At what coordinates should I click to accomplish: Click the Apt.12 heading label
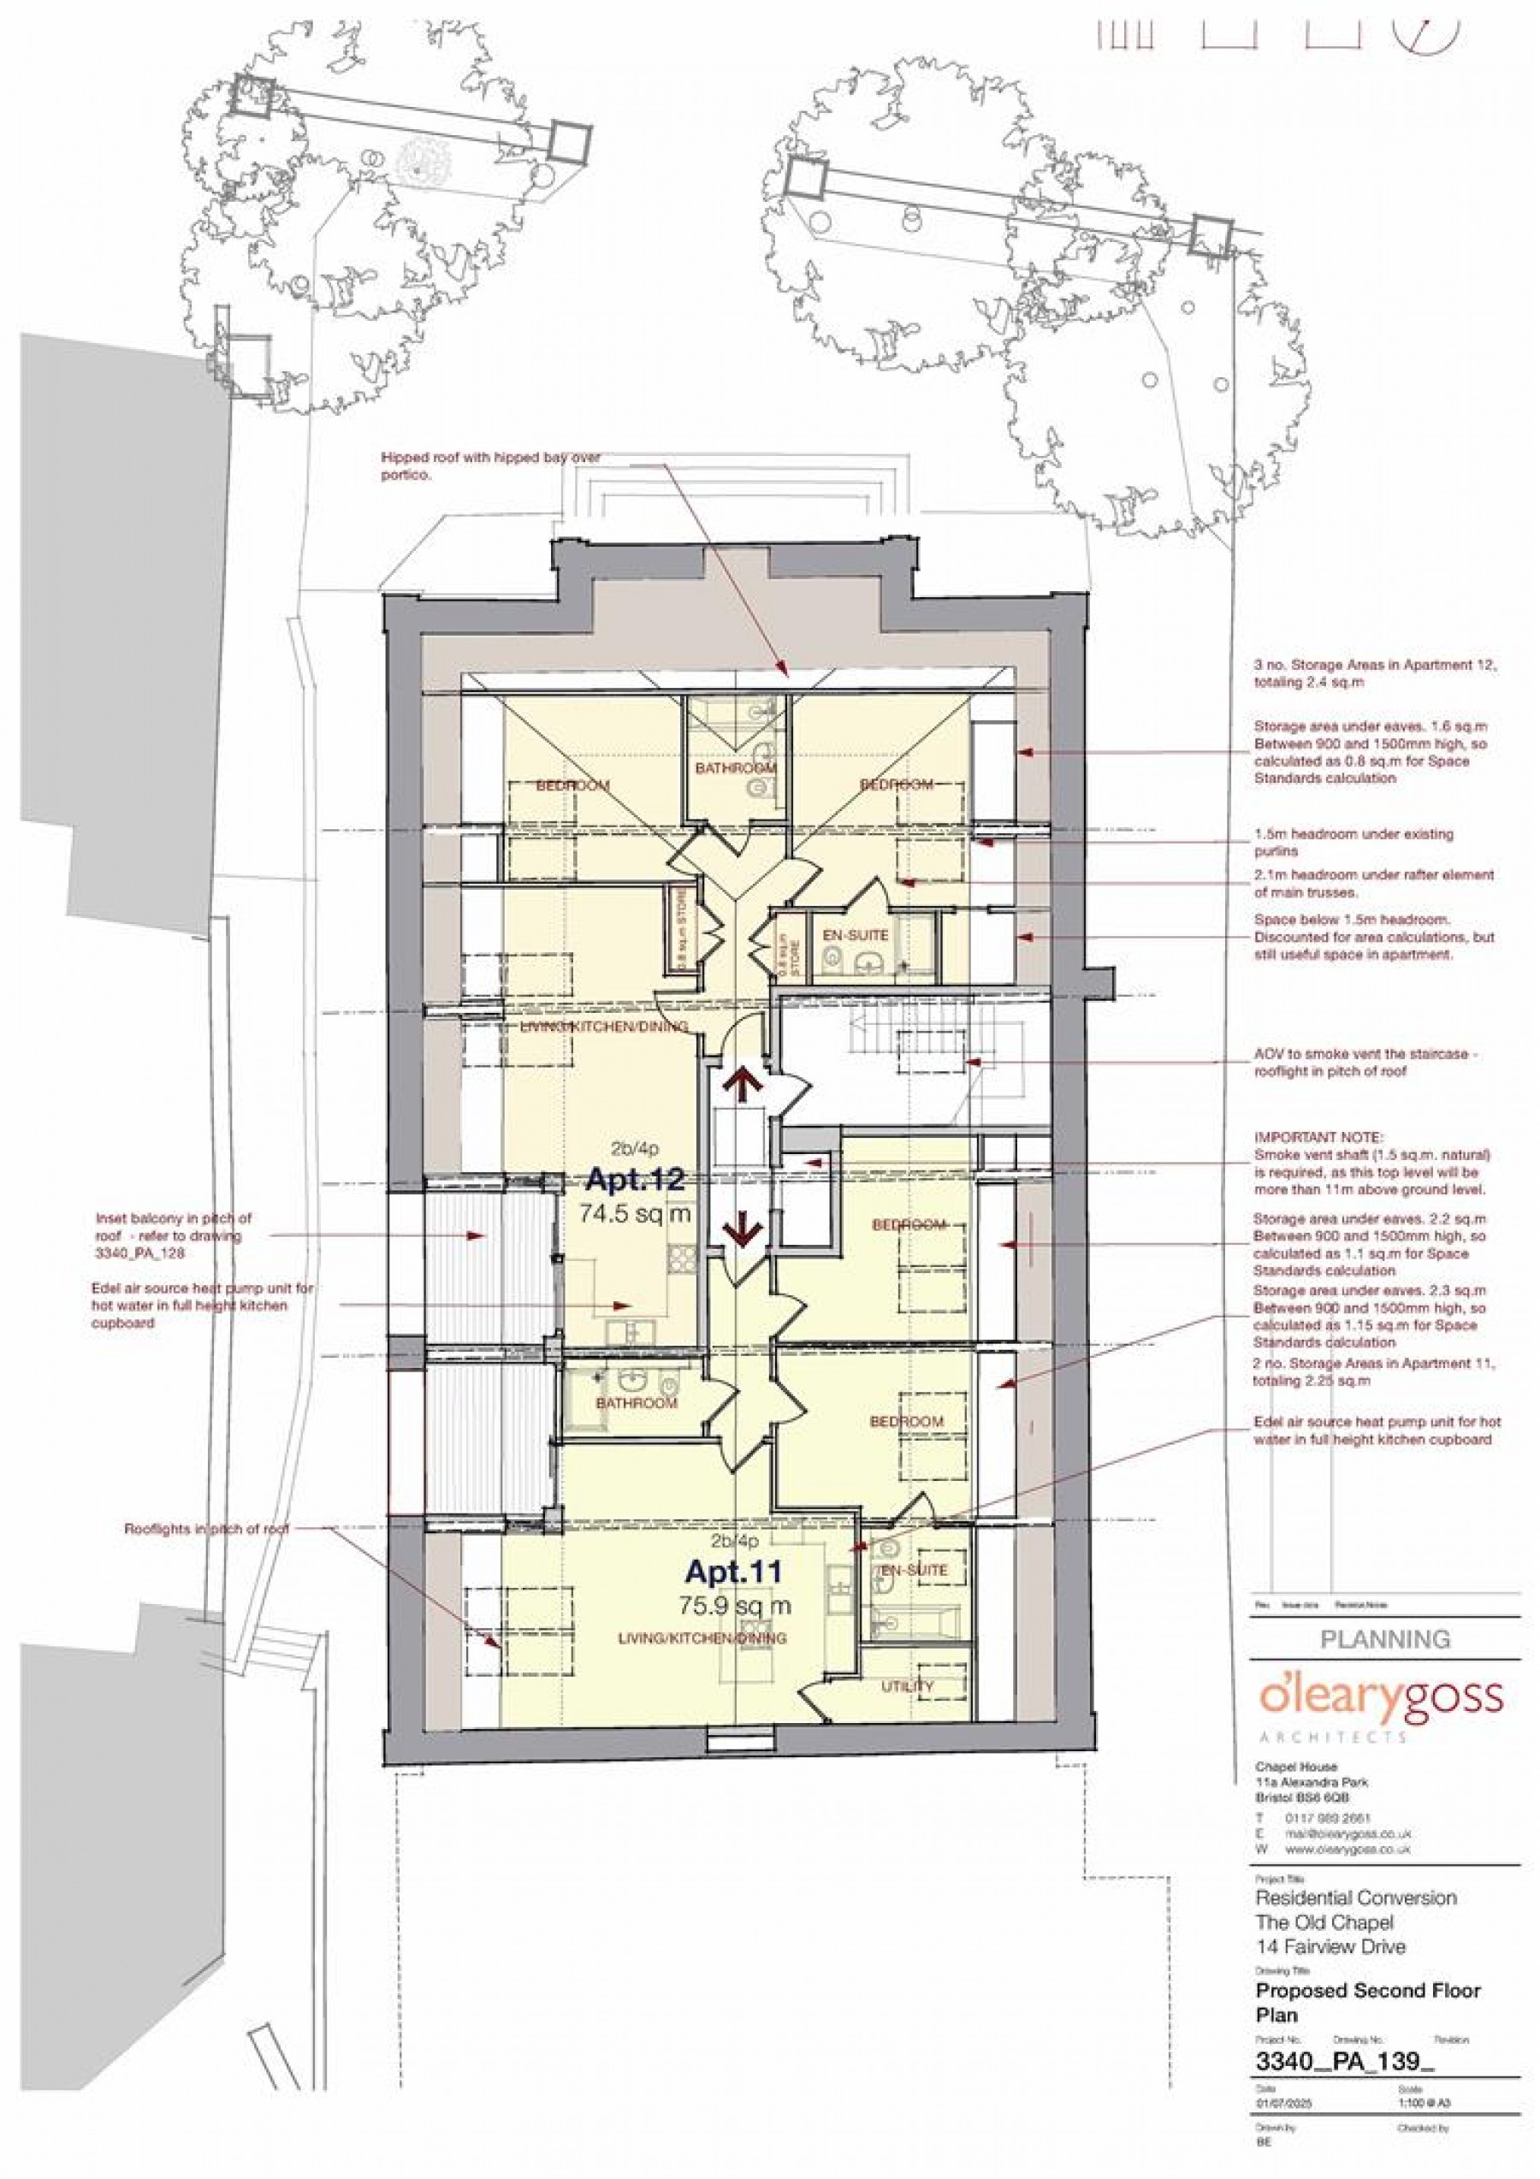pos(634,1181)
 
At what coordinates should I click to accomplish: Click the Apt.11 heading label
pos(733,1572)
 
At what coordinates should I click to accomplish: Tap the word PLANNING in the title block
pos(1385,1639)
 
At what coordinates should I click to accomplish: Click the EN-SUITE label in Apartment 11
pos(915,1571)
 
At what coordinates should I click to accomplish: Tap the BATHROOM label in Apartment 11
pos(637,1403)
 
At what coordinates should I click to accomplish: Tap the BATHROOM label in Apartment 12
pos(737,767)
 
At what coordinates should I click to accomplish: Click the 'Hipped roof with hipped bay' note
pos(489,466)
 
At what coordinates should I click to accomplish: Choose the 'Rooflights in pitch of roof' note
pos(206,1530)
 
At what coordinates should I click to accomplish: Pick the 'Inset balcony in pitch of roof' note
pos(174,1235)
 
